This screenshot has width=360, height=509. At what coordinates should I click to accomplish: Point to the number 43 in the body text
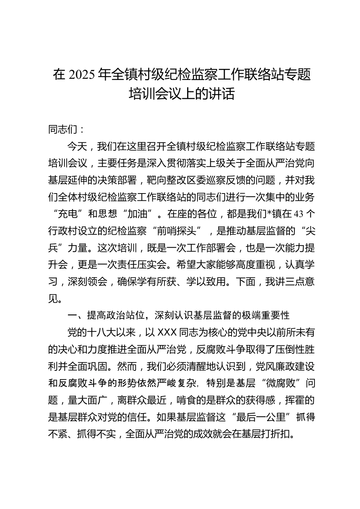coord(299,214)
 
